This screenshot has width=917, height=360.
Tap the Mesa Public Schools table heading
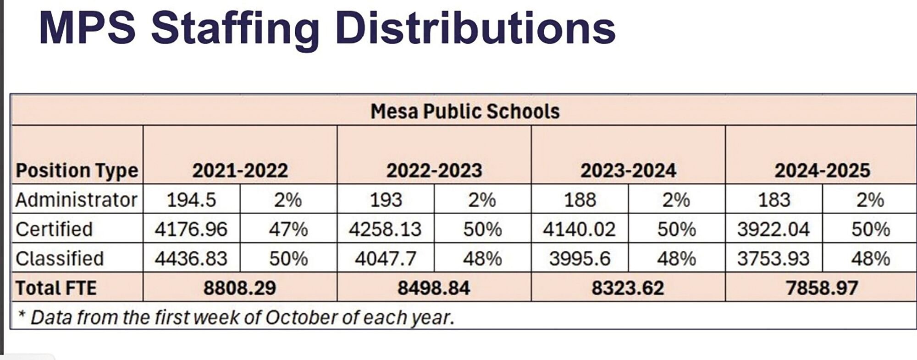pos(465,111)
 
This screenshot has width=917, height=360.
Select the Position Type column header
pos(77,171)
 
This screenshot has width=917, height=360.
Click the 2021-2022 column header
pos(240,171)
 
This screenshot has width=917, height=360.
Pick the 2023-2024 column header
pos(628,171)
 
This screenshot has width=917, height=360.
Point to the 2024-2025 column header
pos(822,171)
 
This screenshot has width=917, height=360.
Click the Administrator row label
pos(76,200)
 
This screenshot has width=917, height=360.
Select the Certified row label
pos(54,229)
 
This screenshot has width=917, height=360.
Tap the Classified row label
pos(60,259)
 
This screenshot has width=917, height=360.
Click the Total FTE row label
pos(56,288)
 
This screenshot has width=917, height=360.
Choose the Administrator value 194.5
pos(191,200)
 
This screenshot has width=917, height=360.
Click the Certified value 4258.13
pos(385,229)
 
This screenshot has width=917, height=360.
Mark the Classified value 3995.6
pos(580,259)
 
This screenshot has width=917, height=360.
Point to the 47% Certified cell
pos(288,229)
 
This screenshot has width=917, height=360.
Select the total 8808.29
pos(240,288)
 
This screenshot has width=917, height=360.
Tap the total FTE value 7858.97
pos(822,288)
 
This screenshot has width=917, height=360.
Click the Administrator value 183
pos(774,200)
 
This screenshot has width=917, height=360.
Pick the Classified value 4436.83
pos(191,259)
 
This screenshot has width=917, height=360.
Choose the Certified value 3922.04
pos(773,229)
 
